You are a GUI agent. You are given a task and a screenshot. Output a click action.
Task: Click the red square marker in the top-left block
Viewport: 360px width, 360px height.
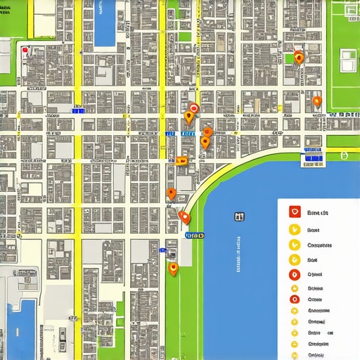[25, 51]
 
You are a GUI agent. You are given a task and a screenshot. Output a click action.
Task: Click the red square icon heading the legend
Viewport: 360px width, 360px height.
[295, 212]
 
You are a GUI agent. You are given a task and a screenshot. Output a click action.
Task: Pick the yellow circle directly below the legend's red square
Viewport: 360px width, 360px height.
[295, 229]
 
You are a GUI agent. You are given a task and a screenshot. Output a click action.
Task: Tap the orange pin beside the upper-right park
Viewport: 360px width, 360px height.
[299, 58]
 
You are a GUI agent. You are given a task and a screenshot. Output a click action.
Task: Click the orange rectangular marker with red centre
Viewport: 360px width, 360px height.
[181, 160]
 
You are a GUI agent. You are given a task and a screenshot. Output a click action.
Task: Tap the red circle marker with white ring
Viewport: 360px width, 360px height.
[193, 108]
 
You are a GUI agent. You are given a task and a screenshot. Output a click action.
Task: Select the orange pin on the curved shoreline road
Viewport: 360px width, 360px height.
[184, 217]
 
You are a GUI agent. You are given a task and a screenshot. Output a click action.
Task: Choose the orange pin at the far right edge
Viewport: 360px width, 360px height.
[316, 102]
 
